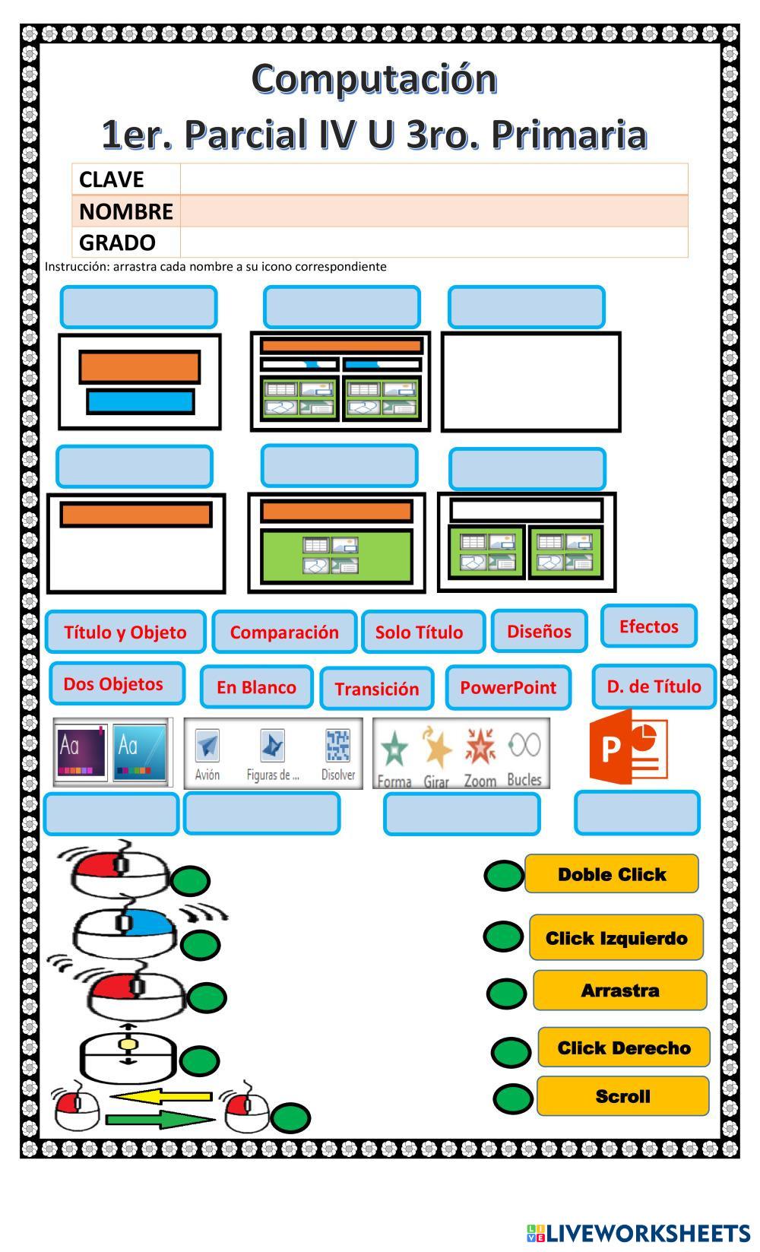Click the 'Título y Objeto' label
[x=125, y=632]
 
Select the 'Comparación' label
[x=284, y=632]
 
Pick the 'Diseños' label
[x=539, y=631]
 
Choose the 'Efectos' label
[x=648, y=626]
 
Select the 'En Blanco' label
[x=256, y=687]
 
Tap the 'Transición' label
[x=377, y=689]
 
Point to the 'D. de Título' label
[x=654, y=686]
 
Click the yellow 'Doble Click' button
[x=612, y=874]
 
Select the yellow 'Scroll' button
[x=622, y=1096]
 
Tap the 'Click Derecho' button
[x=624, y=1048]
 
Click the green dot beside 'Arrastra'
[x=506, y=993]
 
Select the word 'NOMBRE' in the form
[x=126, y=211]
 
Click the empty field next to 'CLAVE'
[x=433, y=179]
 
